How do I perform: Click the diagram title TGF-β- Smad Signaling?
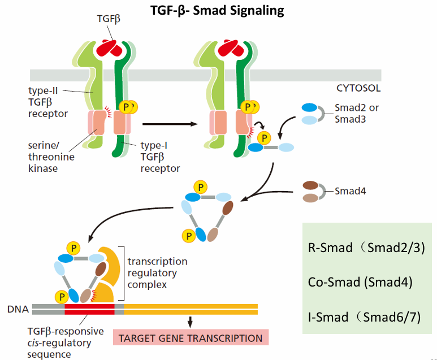pos(217,11)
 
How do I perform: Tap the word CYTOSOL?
pos(358,88)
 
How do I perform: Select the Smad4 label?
pos(351,191)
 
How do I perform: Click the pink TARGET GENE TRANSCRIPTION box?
pos(191,337)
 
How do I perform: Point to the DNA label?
pos(18,309)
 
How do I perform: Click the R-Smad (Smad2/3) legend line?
pos(366,248)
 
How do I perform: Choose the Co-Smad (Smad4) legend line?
pos(360,282)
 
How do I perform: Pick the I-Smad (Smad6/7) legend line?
pos(364,317)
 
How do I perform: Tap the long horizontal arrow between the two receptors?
pos(170,124)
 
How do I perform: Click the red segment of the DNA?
pos(89,309)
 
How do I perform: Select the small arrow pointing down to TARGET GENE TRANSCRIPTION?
pos(190,322)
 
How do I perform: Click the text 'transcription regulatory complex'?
pos(158,273)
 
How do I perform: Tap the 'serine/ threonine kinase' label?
pos(51,157)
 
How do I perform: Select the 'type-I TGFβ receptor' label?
pos(160,157)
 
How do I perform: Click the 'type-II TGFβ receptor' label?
pos(48,102)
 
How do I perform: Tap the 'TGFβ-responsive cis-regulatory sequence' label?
pos(66,342)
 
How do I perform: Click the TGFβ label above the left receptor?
pos(109,19)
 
